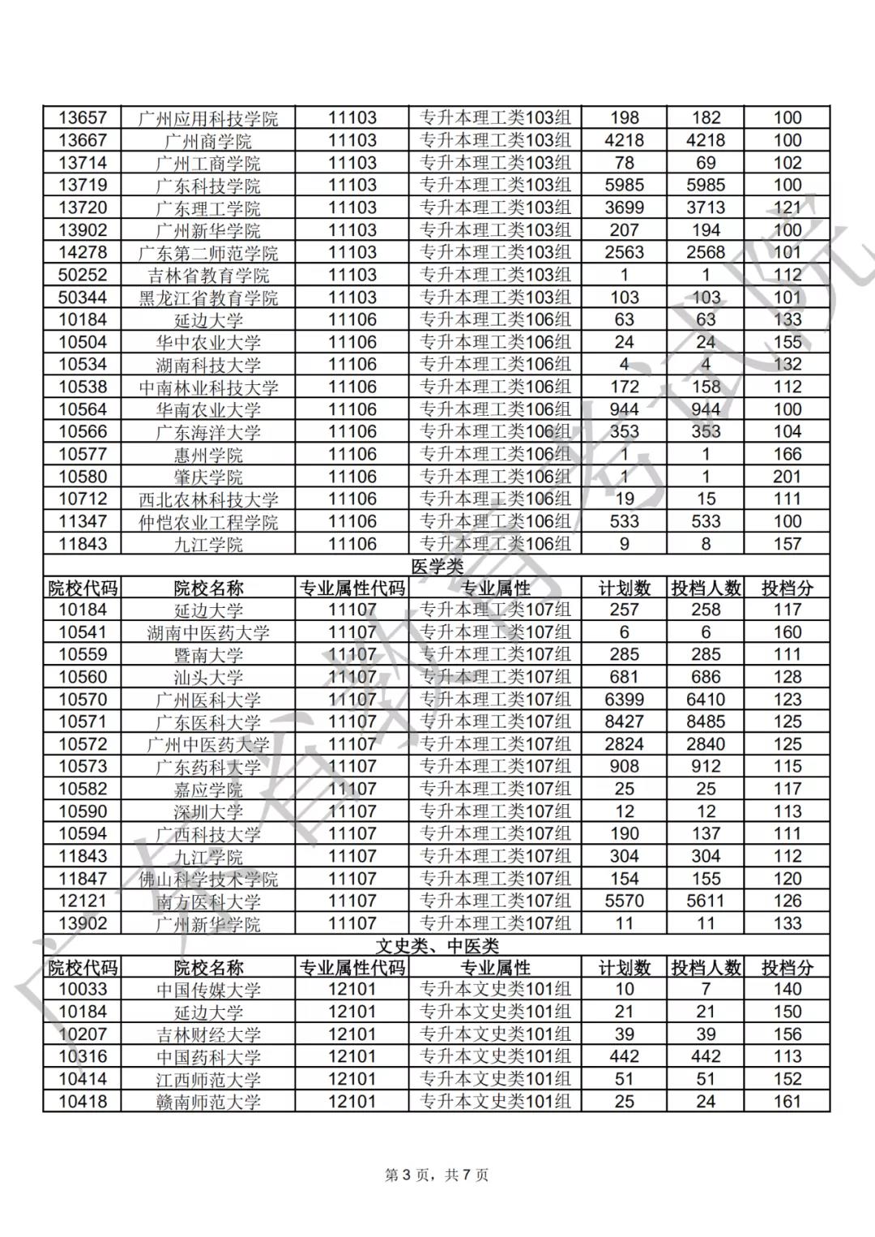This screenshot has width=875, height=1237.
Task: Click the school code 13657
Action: pos(83,118)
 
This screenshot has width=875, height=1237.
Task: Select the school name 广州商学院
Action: pos(208,141)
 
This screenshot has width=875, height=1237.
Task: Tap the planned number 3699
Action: pos(624,208)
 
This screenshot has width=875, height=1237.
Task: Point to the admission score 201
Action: pos(787,477)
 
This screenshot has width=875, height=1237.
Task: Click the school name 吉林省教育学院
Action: pos(208,276)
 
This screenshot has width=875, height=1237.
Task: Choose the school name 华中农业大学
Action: pos(208,343)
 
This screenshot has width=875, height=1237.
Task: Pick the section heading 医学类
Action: pos(437,567)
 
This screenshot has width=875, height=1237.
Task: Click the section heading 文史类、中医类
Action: pos(437,946)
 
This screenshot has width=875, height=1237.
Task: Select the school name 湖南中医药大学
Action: pos(208,633)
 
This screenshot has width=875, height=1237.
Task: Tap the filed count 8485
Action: pos(706,722)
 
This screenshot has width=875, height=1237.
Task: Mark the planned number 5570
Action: pos(624,901)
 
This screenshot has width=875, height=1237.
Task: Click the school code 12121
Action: pos(83,901)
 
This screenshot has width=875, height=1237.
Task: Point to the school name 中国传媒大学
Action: pos(208,990)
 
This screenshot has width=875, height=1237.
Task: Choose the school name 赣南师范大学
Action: pos(208,1102)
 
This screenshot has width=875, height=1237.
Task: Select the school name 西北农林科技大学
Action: pos(208,499)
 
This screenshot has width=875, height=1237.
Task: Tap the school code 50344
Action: pos(83,297)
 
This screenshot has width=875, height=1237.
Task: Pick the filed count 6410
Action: pos(706,700)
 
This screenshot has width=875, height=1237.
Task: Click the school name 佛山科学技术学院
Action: pos(208,880)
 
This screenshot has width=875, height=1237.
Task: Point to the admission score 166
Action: pos(787,455)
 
